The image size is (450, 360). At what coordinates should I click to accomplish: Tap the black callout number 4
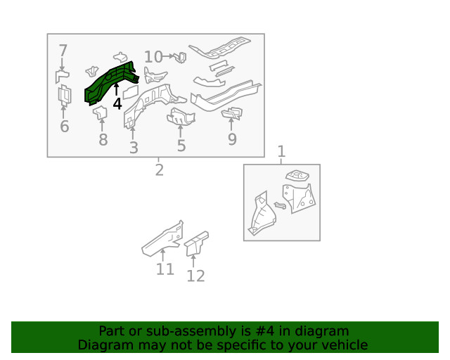click(x=117, y=104)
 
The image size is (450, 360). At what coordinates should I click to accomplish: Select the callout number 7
click(x=63, y=51)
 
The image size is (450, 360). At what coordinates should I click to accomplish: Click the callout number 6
click(x=64, y=127)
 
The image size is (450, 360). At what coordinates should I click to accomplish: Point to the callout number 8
click(x=103, y=140)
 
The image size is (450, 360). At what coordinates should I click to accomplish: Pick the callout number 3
click(x=134, y=148)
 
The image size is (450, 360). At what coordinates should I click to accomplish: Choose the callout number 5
click(x=181, y=146)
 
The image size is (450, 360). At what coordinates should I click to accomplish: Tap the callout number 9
click(x=232, y=139)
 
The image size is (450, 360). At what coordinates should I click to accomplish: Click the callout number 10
click(x=153, y=56)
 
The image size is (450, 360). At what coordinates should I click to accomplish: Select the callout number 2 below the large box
click(x=160, y=170)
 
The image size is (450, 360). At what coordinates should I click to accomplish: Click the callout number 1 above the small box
click(x=281, y=151)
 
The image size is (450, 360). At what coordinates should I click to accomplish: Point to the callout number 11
click(x=165, y=269)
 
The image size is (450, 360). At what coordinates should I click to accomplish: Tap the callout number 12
click(x=195, y=276)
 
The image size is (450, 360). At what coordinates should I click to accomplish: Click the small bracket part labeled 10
click(x=180, y=58)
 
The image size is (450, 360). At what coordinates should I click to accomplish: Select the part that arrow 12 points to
click(x=196, y=243)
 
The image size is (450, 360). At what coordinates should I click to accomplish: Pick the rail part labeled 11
click(x=162, y=239)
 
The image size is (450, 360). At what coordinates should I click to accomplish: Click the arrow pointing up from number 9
click(x=231, y=124)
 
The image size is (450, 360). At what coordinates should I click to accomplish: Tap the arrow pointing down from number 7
click(x=62, y=64)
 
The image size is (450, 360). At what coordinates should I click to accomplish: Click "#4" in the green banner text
click(x=264, y=331)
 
